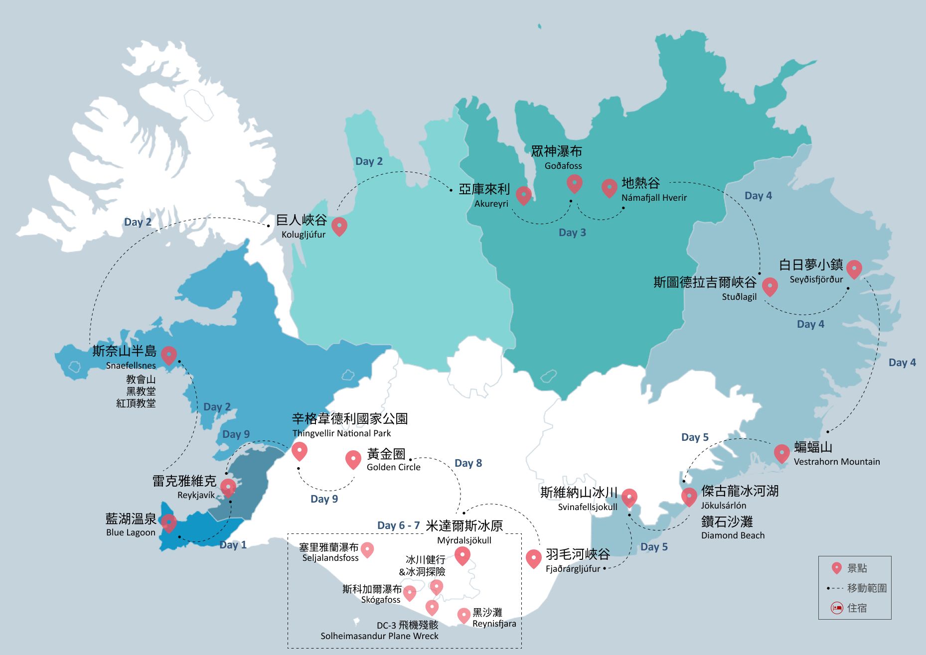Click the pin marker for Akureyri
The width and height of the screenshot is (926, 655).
(523, 195)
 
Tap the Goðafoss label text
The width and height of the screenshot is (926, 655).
(563, 166)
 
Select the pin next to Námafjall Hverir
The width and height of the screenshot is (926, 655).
(609, 188)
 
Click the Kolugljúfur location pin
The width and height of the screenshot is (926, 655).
(339, 226)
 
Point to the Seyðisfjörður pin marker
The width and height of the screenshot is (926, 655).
(854, 268)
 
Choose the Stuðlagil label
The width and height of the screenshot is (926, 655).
(739, 297)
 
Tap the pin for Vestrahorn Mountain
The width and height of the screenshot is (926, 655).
(781, 453)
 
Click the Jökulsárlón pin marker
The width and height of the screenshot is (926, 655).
(689, 496)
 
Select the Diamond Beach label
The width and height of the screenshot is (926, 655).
(732, 535)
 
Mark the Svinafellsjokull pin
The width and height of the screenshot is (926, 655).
(629, 497)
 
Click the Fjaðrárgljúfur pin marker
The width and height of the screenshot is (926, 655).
(533, 558)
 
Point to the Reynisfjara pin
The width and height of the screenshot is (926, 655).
(463, 615)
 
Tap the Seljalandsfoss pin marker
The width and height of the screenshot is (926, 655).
(367, 549)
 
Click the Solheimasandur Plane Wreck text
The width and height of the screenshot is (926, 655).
(379, 636)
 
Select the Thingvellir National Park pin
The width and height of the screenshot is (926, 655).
(299, 450)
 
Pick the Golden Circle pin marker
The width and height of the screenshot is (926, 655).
(353, 459)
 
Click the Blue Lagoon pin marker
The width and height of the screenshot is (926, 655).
(168, 523)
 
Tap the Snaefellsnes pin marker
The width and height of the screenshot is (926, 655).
(169, 355)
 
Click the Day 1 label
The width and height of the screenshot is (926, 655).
(233, 545)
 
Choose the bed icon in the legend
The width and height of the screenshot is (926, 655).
(836, 608)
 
